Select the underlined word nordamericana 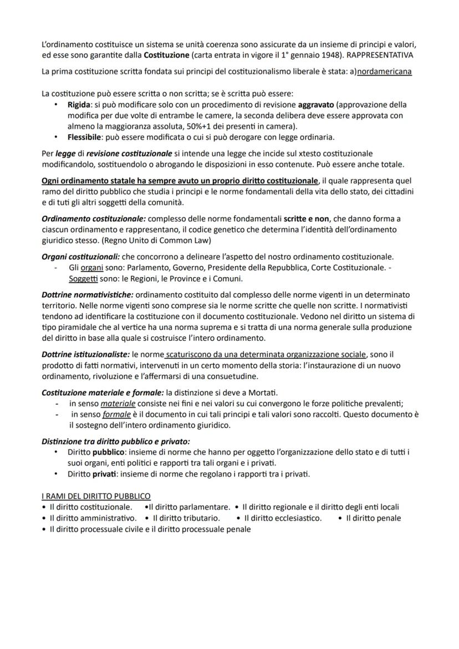point(384,73)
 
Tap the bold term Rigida point(79,105)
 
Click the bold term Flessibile point(83,137)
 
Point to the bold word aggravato point(316,105)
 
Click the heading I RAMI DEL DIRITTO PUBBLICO point(96,495)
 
